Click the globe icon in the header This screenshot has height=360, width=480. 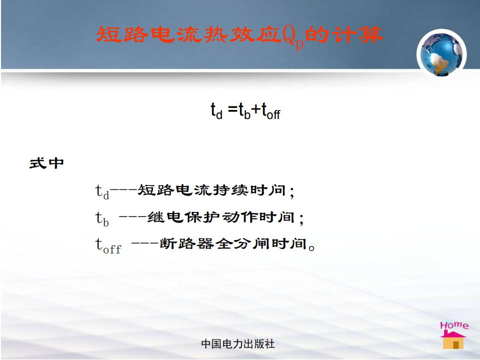[441, 54]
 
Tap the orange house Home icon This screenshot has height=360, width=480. [453, 340]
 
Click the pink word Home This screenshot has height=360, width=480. [454, 325]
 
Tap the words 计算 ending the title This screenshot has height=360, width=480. [357, 34]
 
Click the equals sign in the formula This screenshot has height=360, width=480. [232, 109]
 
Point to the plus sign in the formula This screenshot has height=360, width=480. [256, 109]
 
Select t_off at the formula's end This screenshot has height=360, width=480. [270, 111]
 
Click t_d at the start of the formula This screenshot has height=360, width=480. [216, 111]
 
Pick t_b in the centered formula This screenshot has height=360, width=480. [244, 111]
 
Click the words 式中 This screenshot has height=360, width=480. [46, 163]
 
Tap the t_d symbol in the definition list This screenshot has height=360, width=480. [102, 192]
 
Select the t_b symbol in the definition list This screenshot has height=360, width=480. [102, 218]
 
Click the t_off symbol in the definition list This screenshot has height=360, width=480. [108, 245]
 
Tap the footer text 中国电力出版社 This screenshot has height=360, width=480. [238, 344]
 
